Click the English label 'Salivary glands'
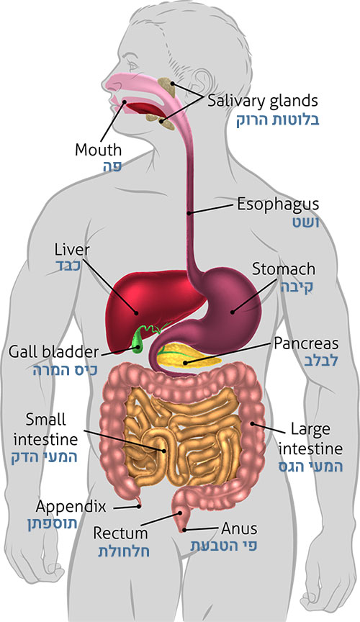(263, 102)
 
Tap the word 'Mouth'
(98, 150)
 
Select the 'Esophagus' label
(278, 204)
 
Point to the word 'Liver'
(72, 250)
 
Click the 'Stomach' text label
(284, 269)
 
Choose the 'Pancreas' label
(306, 343)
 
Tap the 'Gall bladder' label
(53, 352)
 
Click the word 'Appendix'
(71, 508)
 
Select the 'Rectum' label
(120, 533)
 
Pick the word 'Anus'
(239, 529)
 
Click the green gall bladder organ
(137, 341)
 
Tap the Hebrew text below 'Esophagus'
(305, 222)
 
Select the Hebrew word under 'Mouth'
(112, 167)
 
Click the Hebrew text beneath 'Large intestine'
(311, 466)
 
